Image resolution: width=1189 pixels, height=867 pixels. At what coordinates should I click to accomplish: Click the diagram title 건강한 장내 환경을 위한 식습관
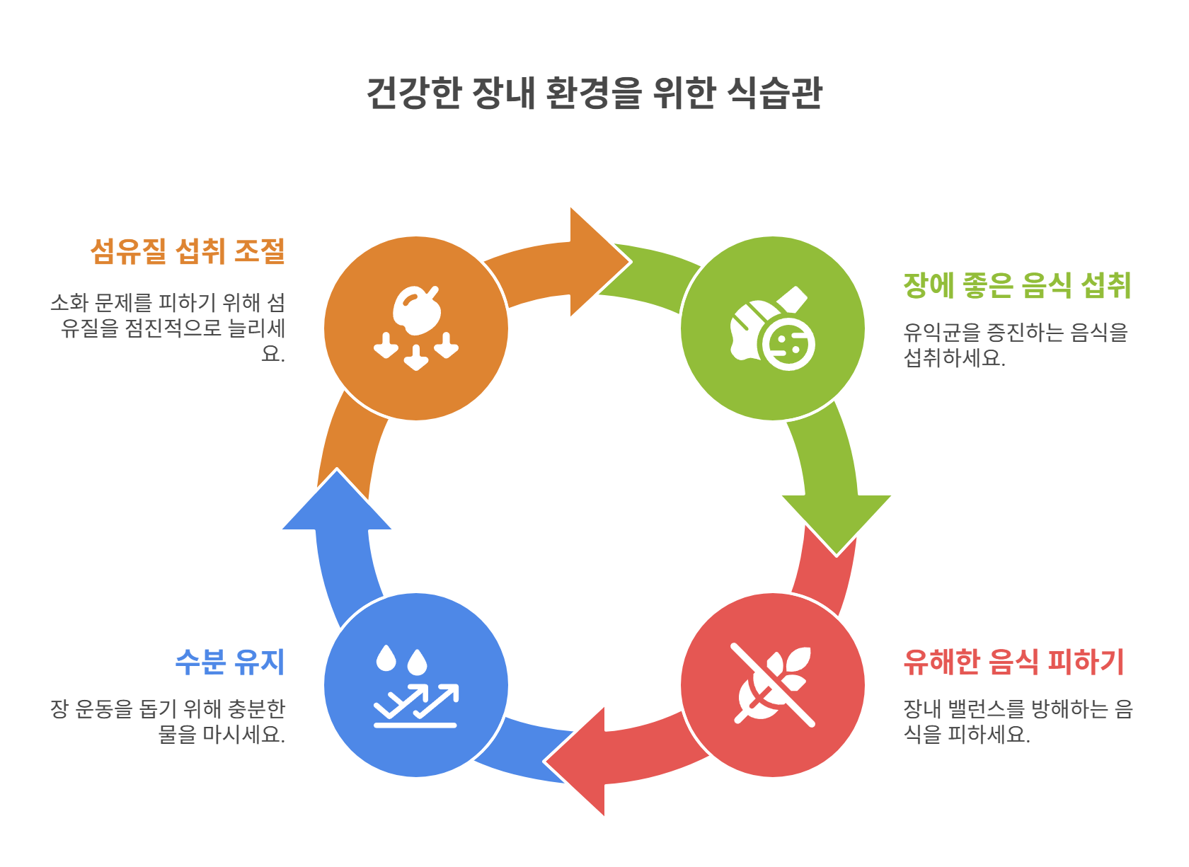594,93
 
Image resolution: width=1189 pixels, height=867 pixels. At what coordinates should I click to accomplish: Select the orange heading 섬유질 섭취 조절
188,251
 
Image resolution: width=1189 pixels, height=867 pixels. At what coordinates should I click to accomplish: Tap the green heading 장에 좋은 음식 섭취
1017,285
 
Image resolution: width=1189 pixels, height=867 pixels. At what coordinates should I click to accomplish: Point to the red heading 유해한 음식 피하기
1013,662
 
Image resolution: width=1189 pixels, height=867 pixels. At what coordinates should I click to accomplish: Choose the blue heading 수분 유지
230,662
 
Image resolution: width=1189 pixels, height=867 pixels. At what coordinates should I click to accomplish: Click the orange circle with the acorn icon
416,328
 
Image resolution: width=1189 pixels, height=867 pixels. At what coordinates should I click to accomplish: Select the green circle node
772,328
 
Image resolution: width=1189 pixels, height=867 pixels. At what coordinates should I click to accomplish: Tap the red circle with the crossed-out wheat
772,685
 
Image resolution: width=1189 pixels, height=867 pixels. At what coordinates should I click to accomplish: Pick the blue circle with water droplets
416,685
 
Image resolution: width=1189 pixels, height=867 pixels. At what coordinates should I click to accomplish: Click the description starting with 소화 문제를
168,328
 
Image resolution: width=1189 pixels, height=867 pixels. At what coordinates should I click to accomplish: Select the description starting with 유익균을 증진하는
1015,345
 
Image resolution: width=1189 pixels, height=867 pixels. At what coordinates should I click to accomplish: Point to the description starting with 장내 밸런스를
1018,721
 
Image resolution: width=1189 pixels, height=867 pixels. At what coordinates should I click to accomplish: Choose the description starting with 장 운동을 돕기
168,721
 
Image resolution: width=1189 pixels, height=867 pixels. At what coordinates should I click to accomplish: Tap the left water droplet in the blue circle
386,658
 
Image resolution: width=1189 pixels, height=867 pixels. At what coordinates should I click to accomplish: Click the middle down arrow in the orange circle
416,357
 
